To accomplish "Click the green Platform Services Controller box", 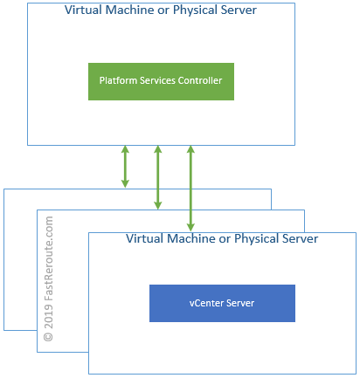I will [x=161, y=81].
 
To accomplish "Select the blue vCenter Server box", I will [x=223, y=302].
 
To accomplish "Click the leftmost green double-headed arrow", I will [x=125, y=166].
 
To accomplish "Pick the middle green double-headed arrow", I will [x=158, y=177].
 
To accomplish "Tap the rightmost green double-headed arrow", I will [x=190, y=189].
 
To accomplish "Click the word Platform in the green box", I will [x=117, y=81].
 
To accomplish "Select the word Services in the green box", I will [x=156, y=81].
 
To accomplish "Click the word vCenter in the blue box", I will [x=205, y=303].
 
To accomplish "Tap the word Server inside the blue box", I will [x=241, y=303].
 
